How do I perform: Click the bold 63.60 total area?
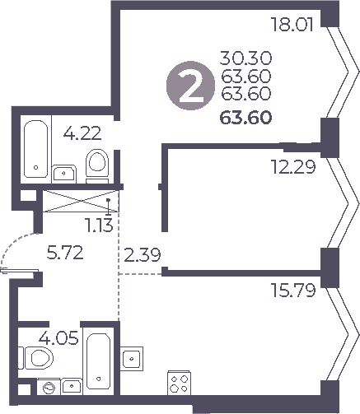coord(246,117)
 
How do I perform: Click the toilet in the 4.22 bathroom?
coord(97,164)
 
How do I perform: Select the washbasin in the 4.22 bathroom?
coord(64,172)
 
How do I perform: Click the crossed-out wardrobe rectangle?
coord(78,200)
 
